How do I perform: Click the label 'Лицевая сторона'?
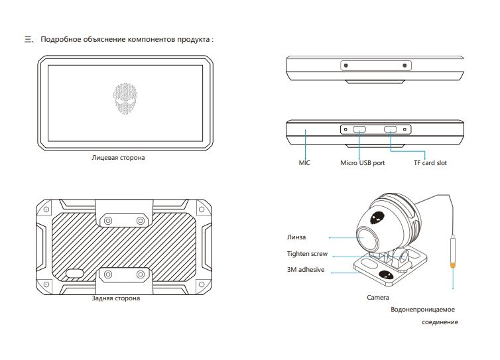click(118, 158)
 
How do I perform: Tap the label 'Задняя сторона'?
click(116, 298)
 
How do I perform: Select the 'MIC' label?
click(304, 162)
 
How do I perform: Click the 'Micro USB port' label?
click(362, 162)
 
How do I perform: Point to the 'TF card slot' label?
click(430, 162)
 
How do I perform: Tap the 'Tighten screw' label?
click(307, 254)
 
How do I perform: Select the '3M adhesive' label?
click(305, 270)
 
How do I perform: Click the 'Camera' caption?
click(378, 298)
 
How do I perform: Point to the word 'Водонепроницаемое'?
click(424, 310)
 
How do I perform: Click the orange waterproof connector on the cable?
click(453, 265)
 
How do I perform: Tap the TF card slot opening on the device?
click(391, 131)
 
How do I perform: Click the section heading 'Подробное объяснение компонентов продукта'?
click(127, 40)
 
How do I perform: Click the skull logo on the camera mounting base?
click(384, 274)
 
